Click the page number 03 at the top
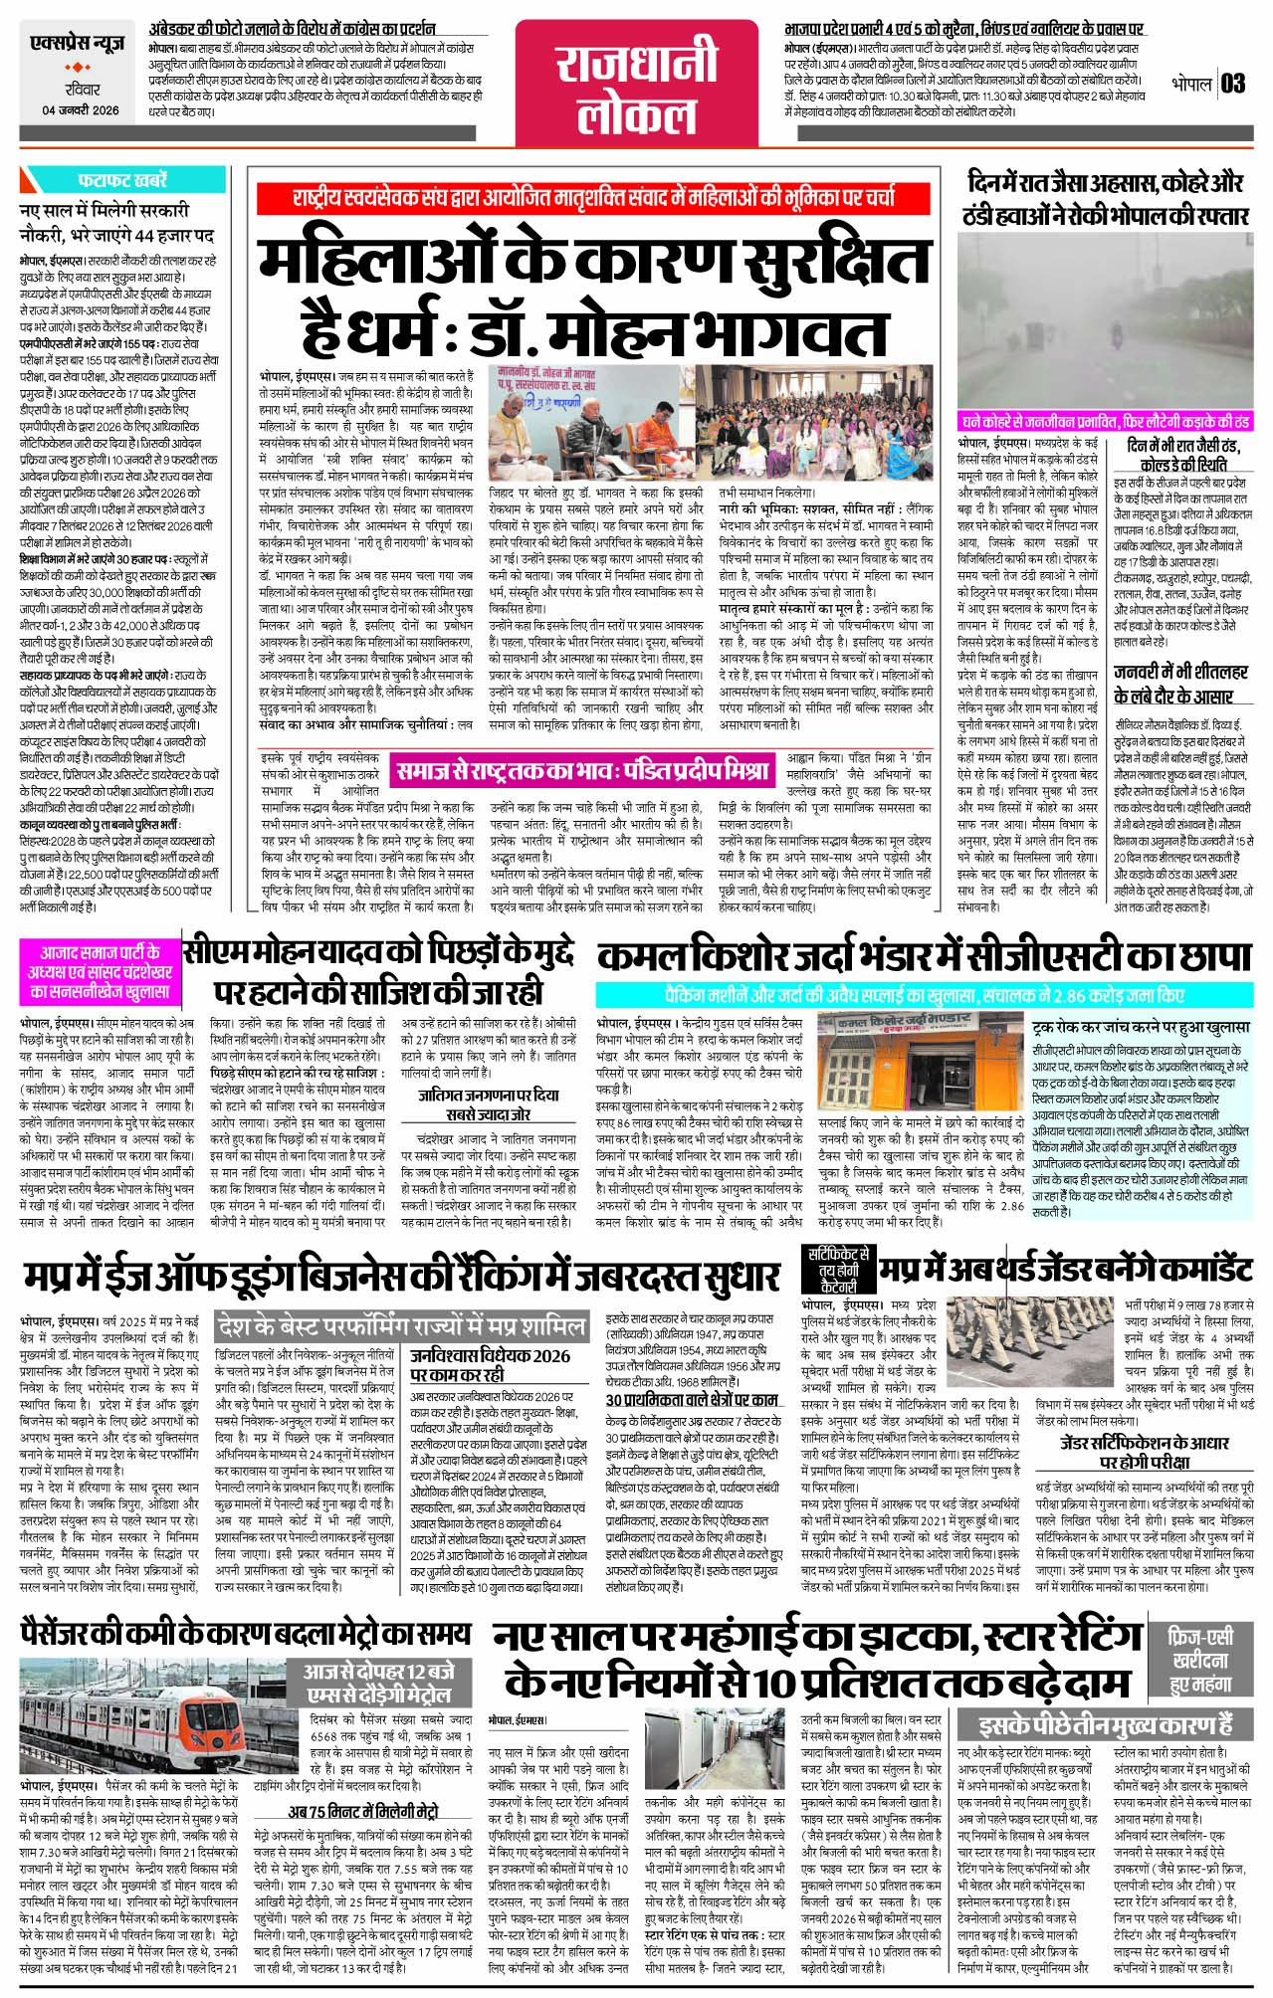coord(1232,83)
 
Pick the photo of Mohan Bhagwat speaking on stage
coord(590,423)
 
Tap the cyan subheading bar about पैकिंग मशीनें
coord(923,994)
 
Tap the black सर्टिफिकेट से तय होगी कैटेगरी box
coord(837,1270)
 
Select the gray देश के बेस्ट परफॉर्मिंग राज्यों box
coord(401,1326)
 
